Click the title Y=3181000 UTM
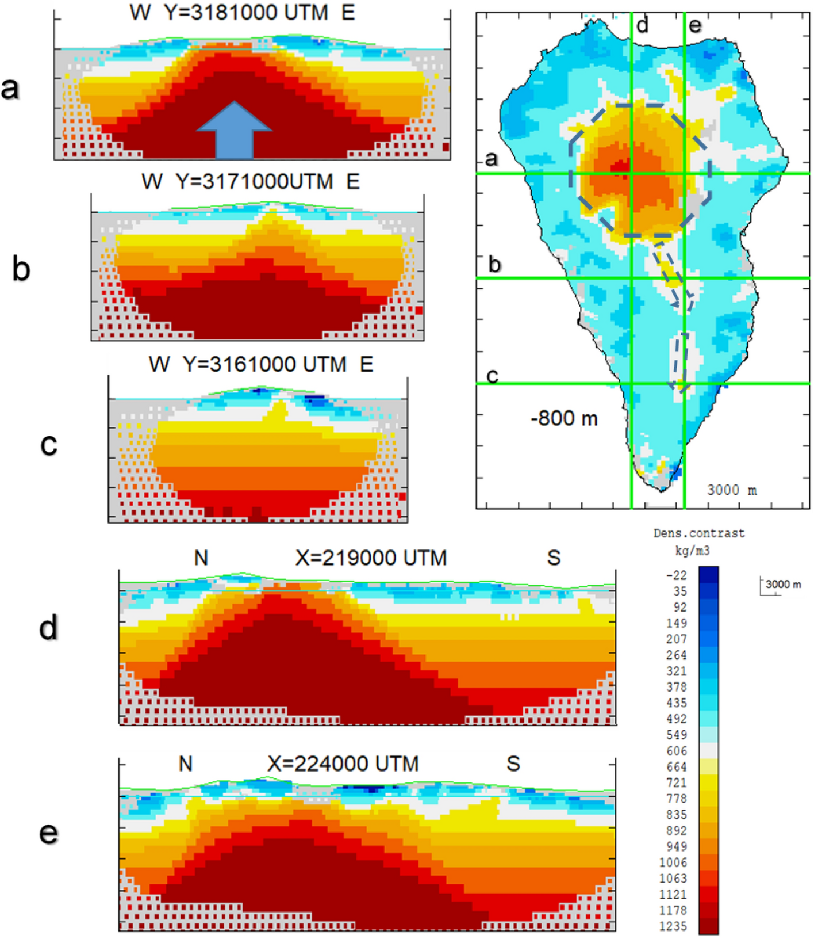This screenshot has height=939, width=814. [x=246, y=12]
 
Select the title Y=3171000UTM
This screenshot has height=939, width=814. [x=254, y=182]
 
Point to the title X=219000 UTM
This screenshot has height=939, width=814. [x=371, y=558]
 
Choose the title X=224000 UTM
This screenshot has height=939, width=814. [x=343, y=764]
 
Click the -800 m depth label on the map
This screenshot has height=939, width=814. [x=564, y=418]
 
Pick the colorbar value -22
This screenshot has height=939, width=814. [x=676, y=575]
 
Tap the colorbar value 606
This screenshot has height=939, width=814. [x=677, y=751]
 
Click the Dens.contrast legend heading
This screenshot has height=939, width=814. [x=698, y=533]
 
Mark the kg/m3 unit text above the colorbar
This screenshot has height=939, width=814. [x=692, y=551]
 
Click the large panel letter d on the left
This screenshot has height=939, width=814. [x=49, y=627]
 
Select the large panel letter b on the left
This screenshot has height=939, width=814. [x=21, y=268]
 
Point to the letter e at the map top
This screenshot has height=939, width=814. [x=695, y=25]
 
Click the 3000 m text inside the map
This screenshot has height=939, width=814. [x=731, y=490]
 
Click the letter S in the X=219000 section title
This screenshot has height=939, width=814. [x=554, y=558]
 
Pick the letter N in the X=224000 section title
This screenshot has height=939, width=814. [x=185, y=764]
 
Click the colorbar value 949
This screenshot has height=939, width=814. [x=677, y=846]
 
